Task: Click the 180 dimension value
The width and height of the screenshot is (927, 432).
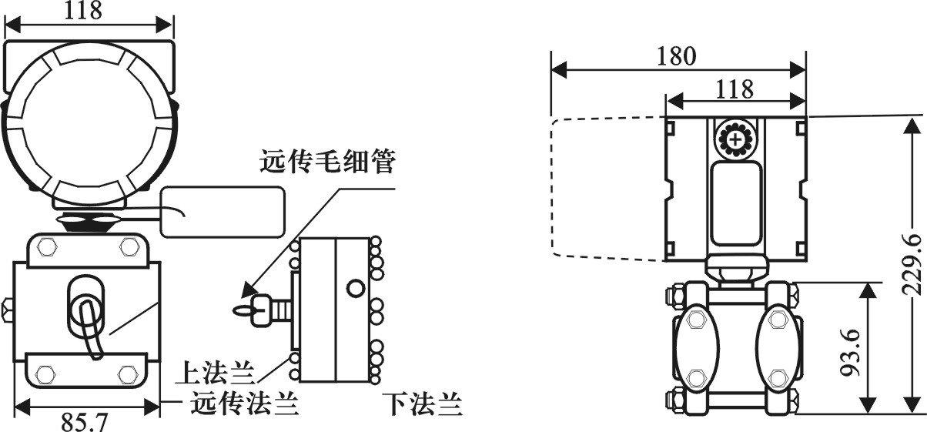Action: (x=677, y=56)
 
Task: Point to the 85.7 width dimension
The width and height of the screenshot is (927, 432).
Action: (x=85, y=422)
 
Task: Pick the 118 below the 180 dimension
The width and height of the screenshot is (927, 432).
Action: (x=735, y=89)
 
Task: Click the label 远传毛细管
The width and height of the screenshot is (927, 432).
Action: (x=328, y=162)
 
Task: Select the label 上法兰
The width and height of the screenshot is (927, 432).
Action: (x=215, y=373)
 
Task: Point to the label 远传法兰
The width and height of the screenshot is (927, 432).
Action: (x=244, y=403)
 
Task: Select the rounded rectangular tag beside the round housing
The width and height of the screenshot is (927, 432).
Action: (x=222, y=212)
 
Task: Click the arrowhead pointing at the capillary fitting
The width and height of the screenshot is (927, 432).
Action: (x=249, y=290)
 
